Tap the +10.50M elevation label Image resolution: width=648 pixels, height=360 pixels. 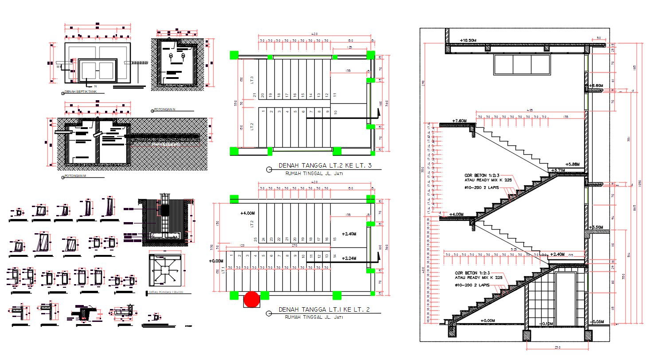click(x=468, y=40)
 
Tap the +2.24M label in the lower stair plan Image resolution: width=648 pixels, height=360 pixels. click(x=350, y=258)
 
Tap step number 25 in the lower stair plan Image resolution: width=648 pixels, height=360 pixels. click(x=255, y=239)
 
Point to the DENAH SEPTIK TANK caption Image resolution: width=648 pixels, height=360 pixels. click(x=81, y=92)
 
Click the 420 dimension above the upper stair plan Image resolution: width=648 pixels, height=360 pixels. click(x=315, y=34)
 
